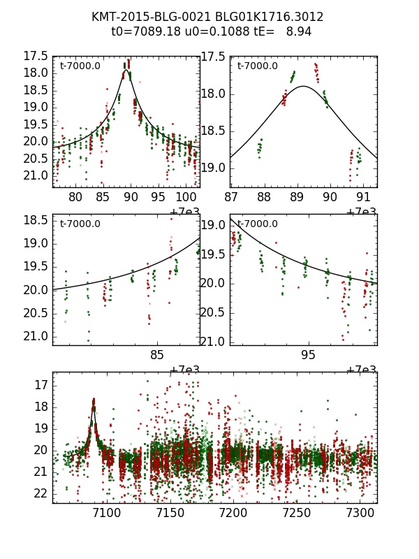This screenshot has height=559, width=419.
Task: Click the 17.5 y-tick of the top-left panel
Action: [36, 56]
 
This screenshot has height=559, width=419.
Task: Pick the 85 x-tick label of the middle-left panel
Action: [158, 355]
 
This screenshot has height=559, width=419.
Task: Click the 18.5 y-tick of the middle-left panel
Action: [36, 220]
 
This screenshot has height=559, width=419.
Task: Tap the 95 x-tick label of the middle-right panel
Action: [308, 355]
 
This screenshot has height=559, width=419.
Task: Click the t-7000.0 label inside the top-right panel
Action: [258, 66]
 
